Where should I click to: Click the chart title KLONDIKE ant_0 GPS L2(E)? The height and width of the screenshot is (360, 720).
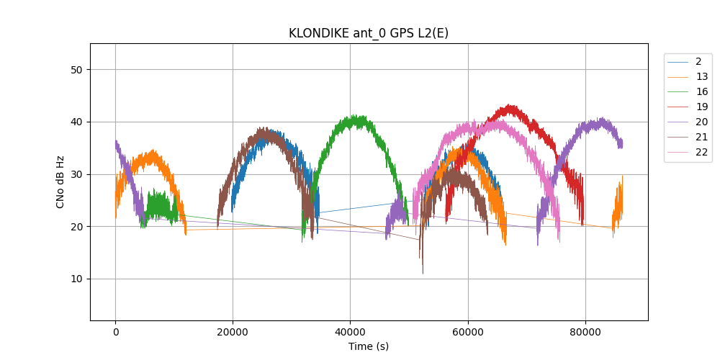tap(369, 33)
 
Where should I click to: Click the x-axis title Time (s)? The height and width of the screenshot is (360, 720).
tap(369, 346)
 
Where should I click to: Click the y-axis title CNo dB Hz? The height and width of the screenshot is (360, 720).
tap(60, 181)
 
